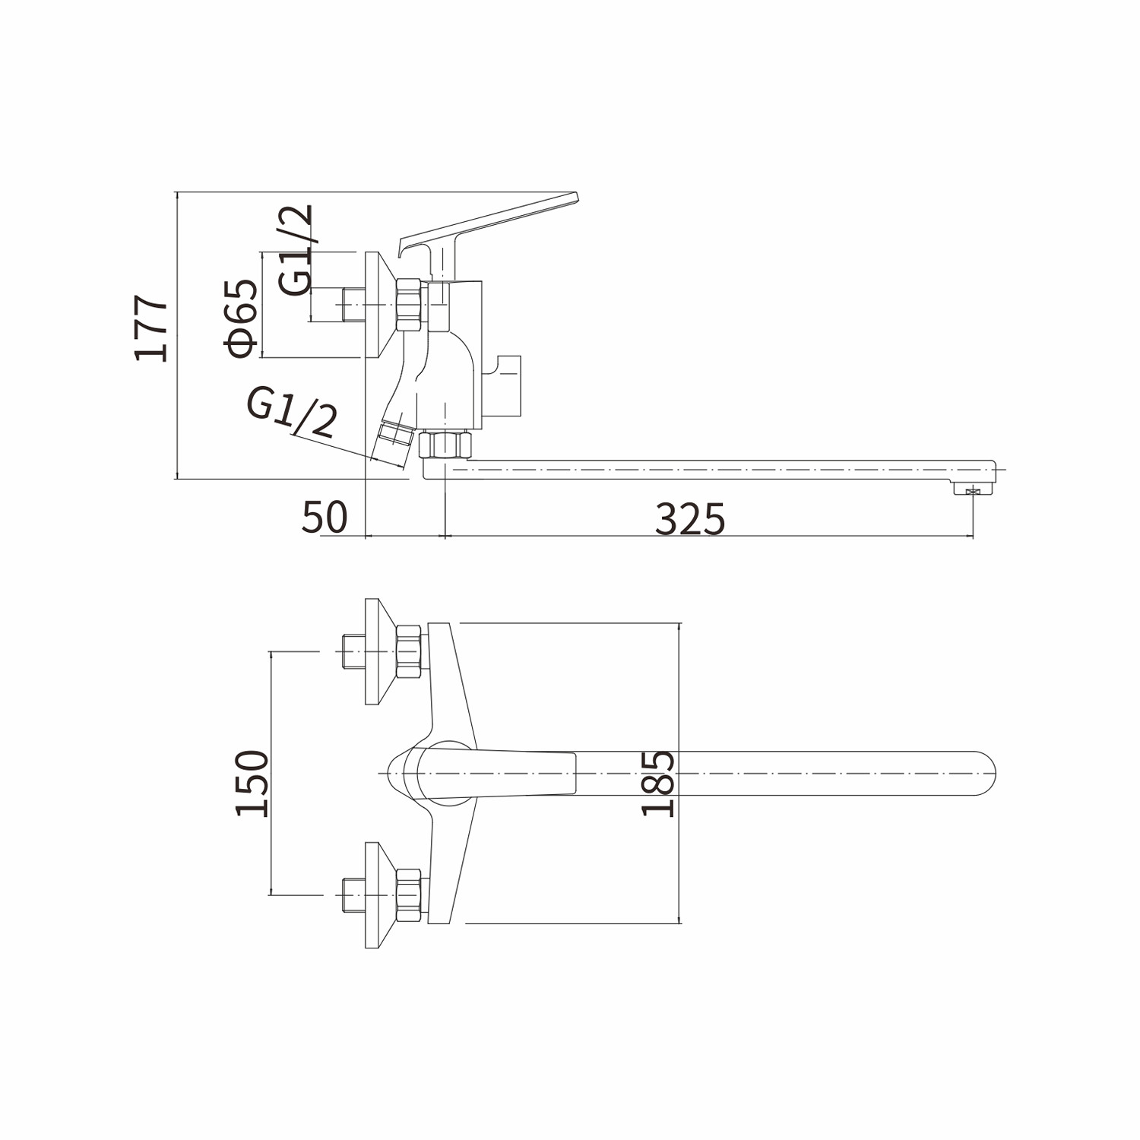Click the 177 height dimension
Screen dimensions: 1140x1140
click(151, 328)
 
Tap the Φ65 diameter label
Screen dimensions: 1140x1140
click(241, 318)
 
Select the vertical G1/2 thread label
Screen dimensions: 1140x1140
click(295, 249)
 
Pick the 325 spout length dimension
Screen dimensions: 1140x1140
click(690, 520)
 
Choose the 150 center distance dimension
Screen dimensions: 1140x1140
click(252, 783)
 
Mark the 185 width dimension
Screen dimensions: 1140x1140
click(658, 783)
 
